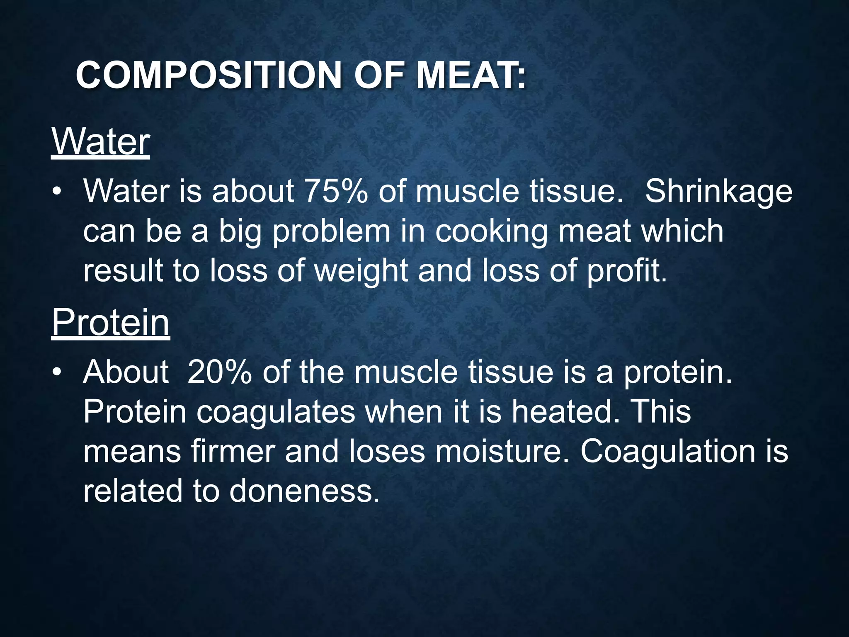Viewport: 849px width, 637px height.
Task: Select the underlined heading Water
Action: click(x=100, y=142)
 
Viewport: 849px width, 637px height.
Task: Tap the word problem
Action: click(x=331, y=231)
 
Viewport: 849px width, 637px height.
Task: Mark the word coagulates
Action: click(x=276, y=412)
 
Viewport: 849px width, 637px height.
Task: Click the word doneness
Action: click(x=304, y=491)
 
